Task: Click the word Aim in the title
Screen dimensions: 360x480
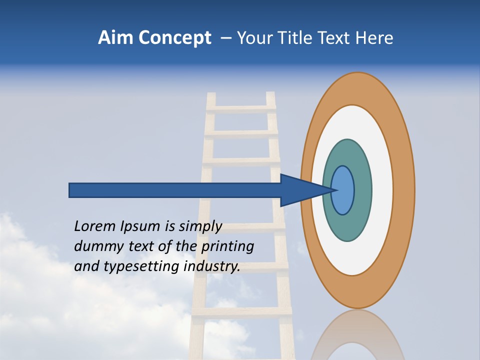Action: [x=116, y=38]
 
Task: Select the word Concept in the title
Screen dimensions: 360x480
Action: [x=174, y=38]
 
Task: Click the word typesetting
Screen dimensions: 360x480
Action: [x=142, y=267]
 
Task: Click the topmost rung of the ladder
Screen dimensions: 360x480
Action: [x=240, y=108]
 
